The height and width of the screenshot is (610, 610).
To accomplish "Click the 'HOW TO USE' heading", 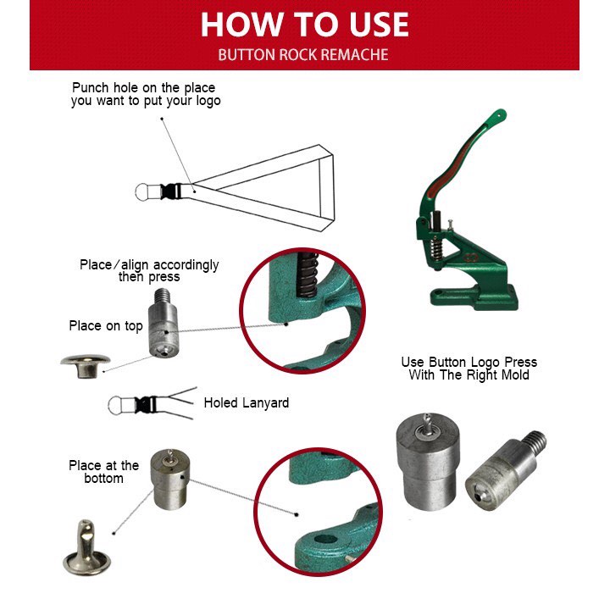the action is click(x=305, y=25).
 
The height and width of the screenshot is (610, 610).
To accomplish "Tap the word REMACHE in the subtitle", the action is click(x=354, y=55).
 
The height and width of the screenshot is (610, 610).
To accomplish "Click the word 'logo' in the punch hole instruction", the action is click(x=208, y=101).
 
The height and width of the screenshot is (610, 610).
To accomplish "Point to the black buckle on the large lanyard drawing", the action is click(x=170, y=191).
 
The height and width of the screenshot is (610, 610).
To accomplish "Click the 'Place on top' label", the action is click(x=106, y=326).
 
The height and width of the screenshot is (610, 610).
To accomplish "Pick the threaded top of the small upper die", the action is click(x=162, y=296).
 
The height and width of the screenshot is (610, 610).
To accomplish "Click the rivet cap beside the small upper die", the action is click(x=86, y=366).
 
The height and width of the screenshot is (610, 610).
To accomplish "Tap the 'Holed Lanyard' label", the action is click(x=247, y=403).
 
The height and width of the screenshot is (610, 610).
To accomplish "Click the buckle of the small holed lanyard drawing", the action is click(x=146, y=405).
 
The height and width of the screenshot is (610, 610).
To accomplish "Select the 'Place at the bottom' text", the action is click(x=103, y=472).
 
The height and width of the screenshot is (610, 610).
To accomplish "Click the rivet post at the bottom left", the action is click(x=86, y=548).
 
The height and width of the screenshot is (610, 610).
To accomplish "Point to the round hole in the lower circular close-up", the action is click(x=325, y=540).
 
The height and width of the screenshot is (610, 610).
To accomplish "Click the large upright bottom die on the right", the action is click(x=428, y=463).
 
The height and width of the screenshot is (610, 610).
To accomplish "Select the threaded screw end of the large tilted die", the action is click(x=535, y=442).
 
